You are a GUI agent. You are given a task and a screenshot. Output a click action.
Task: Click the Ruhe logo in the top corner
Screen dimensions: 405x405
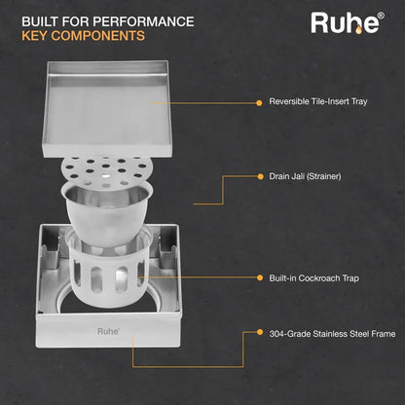[x=348, y=22]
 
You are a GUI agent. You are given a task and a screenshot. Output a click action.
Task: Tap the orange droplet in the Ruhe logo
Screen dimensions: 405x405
[x=358, y=30]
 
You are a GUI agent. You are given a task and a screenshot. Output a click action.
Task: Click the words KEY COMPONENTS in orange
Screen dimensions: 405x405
[x=83, y=36]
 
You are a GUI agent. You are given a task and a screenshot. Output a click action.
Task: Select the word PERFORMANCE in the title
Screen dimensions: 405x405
[x=143, y=21]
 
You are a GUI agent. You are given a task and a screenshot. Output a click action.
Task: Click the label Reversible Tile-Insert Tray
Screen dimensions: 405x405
[x=318, y=101]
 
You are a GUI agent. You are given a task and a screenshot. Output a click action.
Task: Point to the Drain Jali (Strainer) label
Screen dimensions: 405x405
[x=305, y=176]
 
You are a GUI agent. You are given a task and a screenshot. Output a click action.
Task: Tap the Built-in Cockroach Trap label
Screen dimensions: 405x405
[x=313, y=278]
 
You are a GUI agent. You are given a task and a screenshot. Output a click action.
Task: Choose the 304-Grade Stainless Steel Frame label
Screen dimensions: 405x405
[x=332, y=334]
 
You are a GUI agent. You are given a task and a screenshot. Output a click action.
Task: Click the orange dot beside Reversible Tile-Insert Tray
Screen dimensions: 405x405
[x=259, y=103]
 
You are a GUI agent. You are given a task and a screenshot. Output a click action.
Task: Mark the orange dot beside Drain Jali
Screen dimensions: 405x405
[x=260, y=176]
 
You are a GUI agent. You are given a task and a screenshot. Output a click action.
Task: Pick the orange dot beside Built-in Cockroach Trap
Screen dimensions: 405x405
[x=260, y=277]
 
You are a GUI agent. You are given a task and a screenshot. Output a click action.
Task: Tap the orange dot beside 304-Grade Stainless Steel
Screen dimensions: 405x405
[x=260, y=332]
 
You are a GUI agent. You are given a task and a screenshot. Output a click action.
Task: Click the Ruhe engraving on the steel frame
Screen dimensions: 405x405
[x=108, y=331]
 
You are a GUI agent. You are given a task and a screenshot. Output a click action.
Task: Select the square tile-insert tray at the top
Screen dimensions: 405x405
[x=106, y=109]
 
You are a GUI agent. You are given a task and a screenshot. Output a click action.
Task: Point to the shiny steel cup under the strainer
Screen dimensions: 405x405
[x=107, y=212]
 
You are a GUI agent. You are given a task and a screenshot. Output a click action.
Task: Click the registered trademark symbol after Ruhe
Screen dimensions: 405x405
[x=382, y=16]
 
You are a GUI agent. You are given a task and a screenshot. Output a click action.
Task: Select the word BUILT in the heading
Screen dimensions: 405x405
[x=40, y=21]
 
